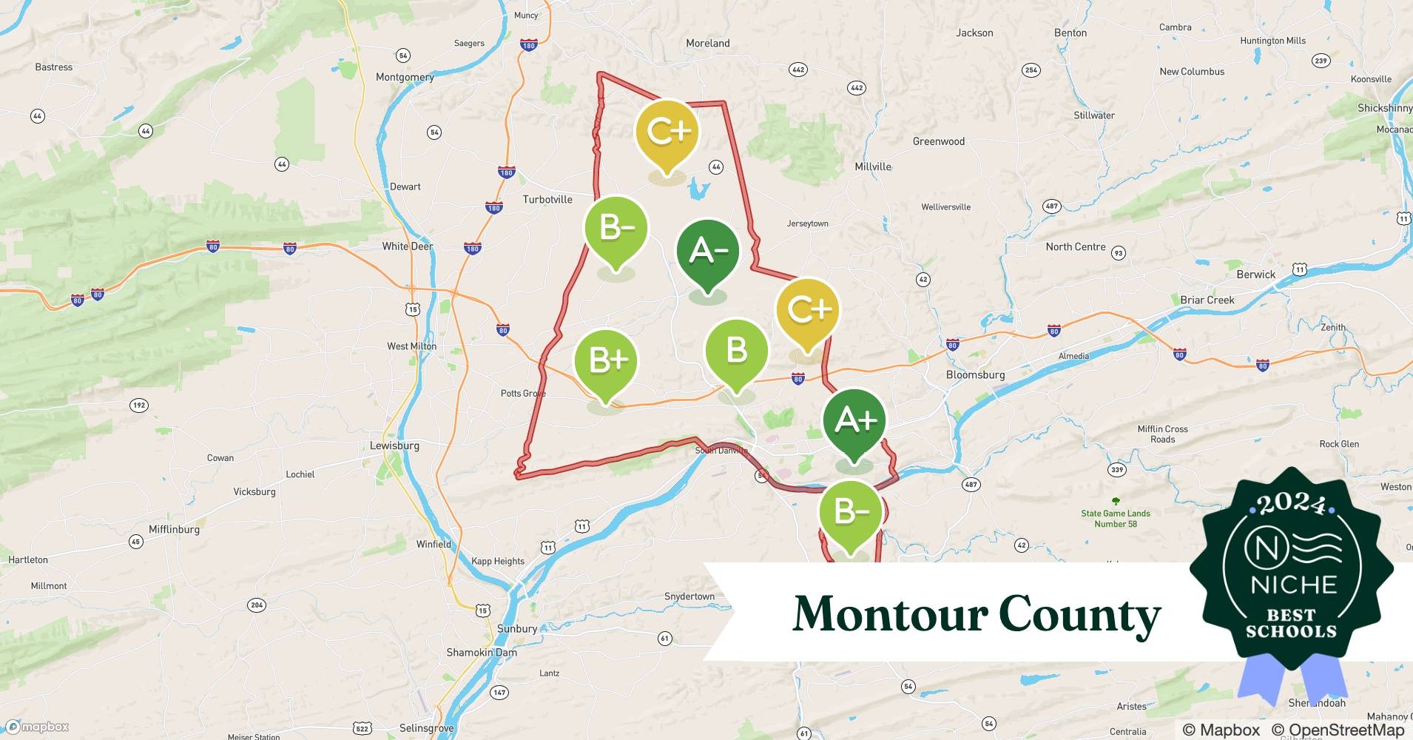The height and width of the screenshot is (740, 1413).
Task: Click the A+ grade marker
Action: (854, 420)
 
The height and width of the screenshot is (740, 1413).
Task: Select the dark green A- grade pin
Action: (708, 251)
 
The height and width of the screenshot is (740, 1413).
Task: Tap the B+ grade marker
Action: (607, 360)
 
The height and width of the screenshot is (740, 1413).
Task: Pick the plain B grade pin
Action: (736, 350)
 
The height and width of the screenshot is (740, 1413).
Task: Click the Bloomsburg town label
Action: (975, 374)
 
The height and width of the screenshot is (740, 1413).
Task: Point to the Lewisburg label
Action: (394, 445)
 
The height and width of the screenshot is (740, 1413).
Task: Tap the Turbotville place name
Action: (547, 199)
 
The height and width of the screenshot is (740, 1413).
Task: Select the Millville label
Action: (873, 166)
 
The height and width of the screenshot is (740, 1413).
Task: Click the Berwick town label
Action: (1256, 275)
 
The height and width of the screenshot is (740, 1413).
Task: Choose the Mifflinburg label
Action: (174, 529)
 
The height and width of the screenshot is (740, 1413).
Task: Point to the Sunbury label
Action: (517, 629)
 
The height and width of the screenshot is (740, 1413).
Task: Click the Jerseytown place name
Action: (808, 223)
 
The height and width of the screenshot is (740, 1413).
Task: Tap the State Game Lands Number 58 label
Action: (1116, 519)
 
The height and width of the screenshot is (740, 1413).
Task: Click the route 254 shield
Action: (1031, 70)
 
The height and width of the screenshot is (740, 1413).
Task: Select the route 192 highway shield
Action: (138, 405)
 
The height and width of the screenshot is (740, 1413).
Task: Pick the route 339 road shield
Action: (1117, 469)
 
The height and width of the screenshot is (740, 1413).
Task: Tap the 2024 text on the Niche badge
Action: (1292, 504)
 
